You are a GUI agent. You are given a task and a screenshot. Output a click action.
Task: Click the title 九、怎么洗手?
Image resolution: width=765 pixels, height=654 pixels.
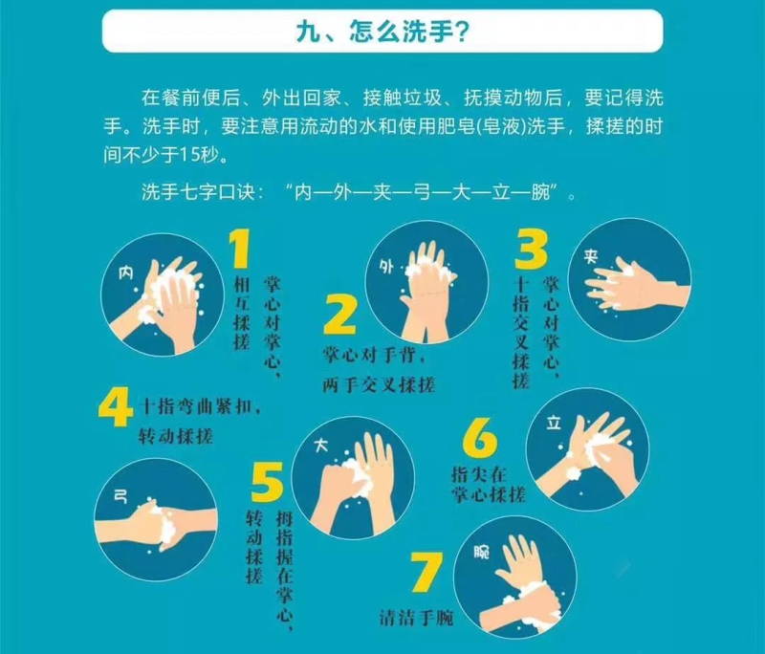click(382, 32)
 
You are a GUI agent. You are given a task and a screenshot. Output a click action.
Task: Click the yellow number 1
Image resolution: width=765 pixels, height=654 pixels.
click(240, 249)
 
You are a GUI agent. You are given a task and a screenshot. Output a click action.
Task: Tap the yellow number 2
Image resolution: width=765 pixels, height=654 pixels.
click(340, 314)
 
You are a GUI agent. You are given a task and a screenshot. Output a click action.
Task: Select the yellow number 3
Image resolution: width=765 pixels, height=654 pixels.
click(531, 250)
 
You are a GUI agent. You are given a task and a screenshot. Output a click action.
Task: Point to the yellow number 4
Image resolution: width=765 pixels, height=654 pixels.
click(115, 407)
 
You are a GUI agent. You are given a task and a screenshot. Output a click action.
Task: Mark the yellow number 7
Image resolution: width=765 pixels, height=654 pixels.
click(426, 572)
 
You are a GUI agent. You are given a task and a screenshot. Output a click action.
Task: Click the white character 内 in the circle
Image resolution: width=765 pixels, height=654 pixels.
click(126, 273)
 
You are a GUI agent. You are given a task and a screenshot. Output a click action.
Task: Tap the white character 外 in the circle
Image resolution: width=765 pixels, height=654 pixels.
click(386, 267)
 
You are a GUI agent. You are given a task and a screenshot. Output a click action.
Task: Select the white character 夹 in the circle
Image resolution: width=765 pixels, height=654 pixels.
click(591, 257)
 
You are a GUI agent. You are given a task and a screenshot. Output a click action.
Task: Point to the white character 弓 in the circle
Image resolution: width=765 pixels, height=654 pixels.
click(120, 497)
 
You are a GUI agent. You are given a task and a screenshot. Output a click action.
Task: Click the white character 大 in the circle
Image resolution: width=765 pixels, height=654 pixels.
click(321, 445)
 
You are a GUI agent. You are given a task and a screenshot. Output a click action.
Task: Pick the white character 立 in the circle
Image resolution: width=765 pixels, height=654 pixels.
click(554, 423)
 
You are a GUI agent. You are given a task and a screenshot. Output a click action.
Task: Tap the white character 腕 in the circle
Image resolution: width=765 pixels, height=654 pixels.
click(482, 552)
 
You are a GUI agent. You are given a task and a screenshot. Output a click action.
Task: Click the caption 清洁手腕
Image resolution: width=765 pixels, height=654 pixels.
click(417, 618)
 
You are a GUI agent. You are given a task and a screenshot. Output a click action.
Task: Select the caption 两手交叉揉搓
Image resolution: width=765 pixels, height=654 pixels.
click(379, 385)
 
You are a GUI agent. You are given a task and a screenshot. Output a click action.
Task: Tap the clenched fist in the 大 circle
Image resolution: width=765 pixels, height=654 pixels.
click(339, 480)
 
